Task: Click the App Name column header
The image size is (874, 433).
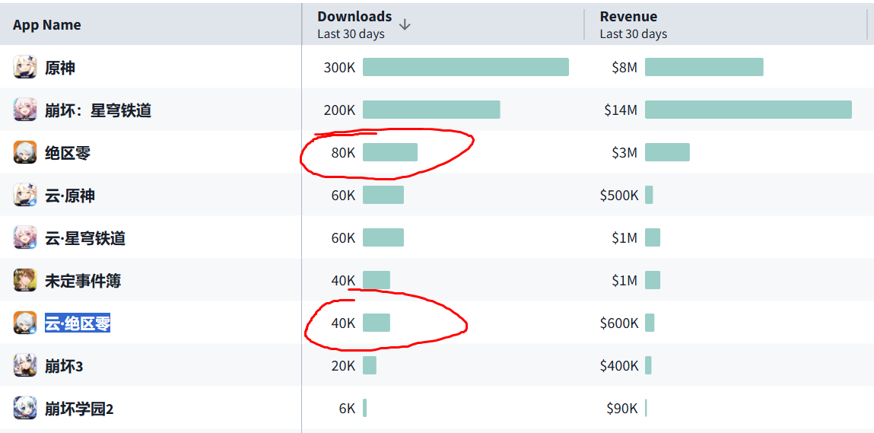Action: click(x=46, y=24)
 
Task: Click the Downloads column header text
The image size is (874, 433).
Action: click(x=354, y=16)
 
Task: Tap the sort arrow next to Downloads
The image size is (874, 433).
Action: click(x=405, y=24)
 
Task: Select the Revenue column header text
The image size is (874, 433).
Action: click(x=628, y=16)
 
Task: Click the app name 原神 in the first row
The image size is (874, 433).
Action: click(x=60, y=67)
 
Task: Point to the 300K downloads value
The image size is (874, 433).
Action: click(x=339, y=67)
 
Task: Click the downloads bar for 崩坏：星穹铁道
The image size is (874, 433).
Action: click(x=431, y=110)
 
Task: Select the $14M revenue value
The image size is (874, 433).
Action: click(x=621, y=110)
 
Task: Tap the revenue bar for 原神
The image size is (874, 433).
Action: click(x=704, y=67)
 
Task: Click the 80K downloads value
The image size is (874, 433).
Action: click(x=343, y=152)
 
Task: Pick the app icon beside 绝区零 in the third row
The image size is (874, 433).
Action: click(x=25, y=152)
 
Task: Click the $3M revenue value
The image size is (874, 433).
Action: click(x=625, y=152)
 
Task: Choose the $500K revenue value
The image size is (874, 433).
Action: click(x=619, y=195)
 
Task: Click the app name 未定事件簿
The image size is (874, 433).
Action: click(x=83, y=280)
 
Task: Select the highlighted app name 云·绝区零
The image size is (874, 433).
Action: click(x=78, y=323)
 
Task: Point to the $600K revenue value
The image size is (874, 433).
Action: click(x=619, y=323)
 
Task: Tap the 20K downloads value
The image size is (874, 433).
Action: click(x=343, y=365)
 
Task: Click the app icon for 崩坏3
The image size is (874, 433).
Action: click(x=25, y=365)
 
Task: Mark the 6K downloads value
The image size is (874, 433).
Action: click(x=347, y=408)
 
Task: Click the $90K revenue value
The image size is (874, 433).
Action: click(x=622, y=408)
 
